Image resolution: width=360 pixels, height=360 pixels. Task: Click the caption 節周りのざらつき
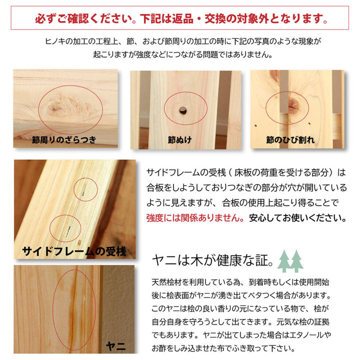point(63,139)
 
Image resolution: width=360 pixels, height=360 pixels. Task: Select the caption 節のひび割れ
point(290,139)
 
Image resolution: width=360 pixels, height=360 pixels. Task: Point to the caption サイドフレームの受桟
point(74,250)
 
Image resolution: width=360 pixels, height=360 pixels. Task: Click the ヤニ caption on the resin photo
point(116,345)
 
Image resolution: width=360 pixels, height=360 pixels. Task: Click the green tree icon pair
point(290,260)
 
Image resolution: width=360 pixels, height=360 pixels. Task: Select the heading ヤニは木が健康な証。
point(213,261)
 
